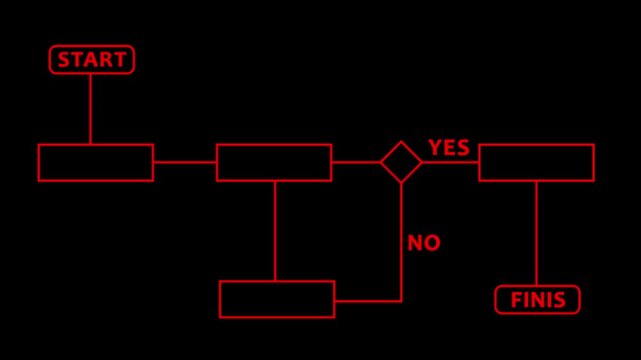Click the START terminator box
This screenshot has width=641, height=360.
point(92,60)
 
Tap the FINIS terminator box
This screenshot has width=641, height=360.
point(537,300)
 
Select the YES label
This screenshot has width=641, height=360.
point(449,148)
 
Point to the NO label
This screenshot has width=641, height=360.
point(424,243)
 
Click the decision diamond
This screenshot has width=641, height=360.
point(401,162)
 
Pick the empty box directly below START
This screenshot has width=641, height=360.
point(96,163)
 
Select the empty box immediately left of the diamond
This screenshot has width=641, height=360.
point(274,163)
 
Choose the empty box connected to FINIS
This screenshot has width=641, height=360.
point(536,163)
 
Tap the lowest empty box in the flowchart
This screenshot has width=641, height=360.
point(277,299)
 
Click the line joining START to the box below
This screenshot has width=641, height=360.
point(91,109)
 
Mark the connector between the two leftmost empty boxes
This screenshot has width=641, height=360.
point(185,162)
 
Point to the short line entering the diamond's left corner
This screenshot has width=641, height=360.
point(356,162)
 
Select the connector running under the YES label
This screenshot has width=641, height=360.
point(450,162)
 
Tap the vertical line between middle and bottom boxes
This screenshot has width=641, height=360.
point(275,231)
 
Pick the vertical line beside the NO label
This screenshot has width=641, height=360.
point(401,240)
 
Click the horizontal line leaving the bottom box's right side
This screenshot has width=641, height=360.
point(367,300)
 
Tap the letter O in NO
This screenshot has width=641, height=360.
point(432,243)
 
